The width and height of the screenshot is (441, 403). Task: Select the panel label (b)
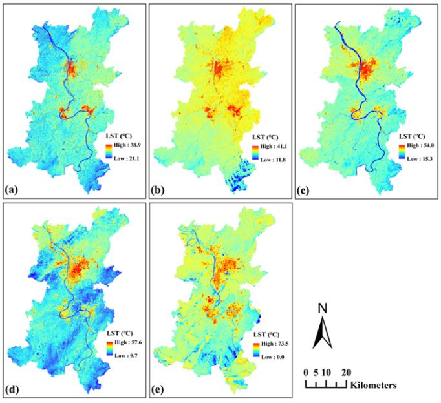[158, 190]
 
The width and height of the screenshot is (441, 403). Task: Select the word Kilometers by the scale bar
[374, 386]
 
